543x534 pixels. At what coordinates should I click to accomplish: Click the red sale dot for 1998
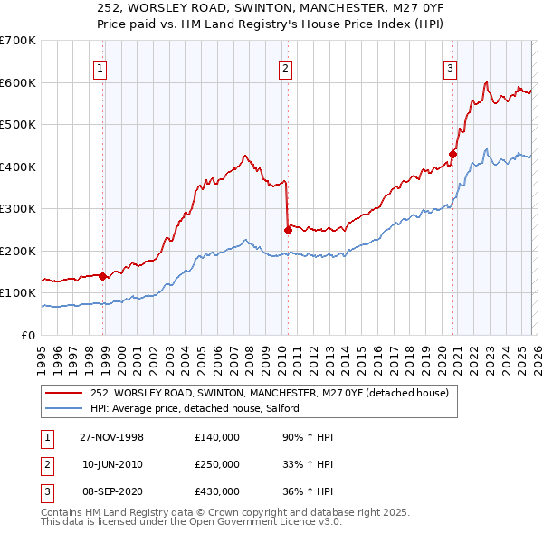click(103, 276)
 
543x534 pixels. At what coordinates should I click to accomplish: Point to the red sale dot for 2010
click(288, 230)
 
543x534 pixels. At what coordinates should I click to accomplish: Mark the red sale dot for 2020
click(452, 154)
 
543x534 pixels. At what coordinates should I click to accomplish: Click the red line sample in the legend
click(65, 394)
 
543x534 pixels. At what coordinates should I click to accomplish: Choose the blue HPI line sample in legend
click(65, 409)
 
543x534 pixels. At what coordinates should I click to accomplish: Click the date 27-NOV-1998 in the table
click(112, 437)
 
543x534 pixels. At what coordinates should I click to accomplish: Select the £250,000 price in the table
click(217, 464)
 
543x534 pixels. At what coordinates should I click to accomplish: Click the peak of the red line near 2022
click(487, 82)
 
